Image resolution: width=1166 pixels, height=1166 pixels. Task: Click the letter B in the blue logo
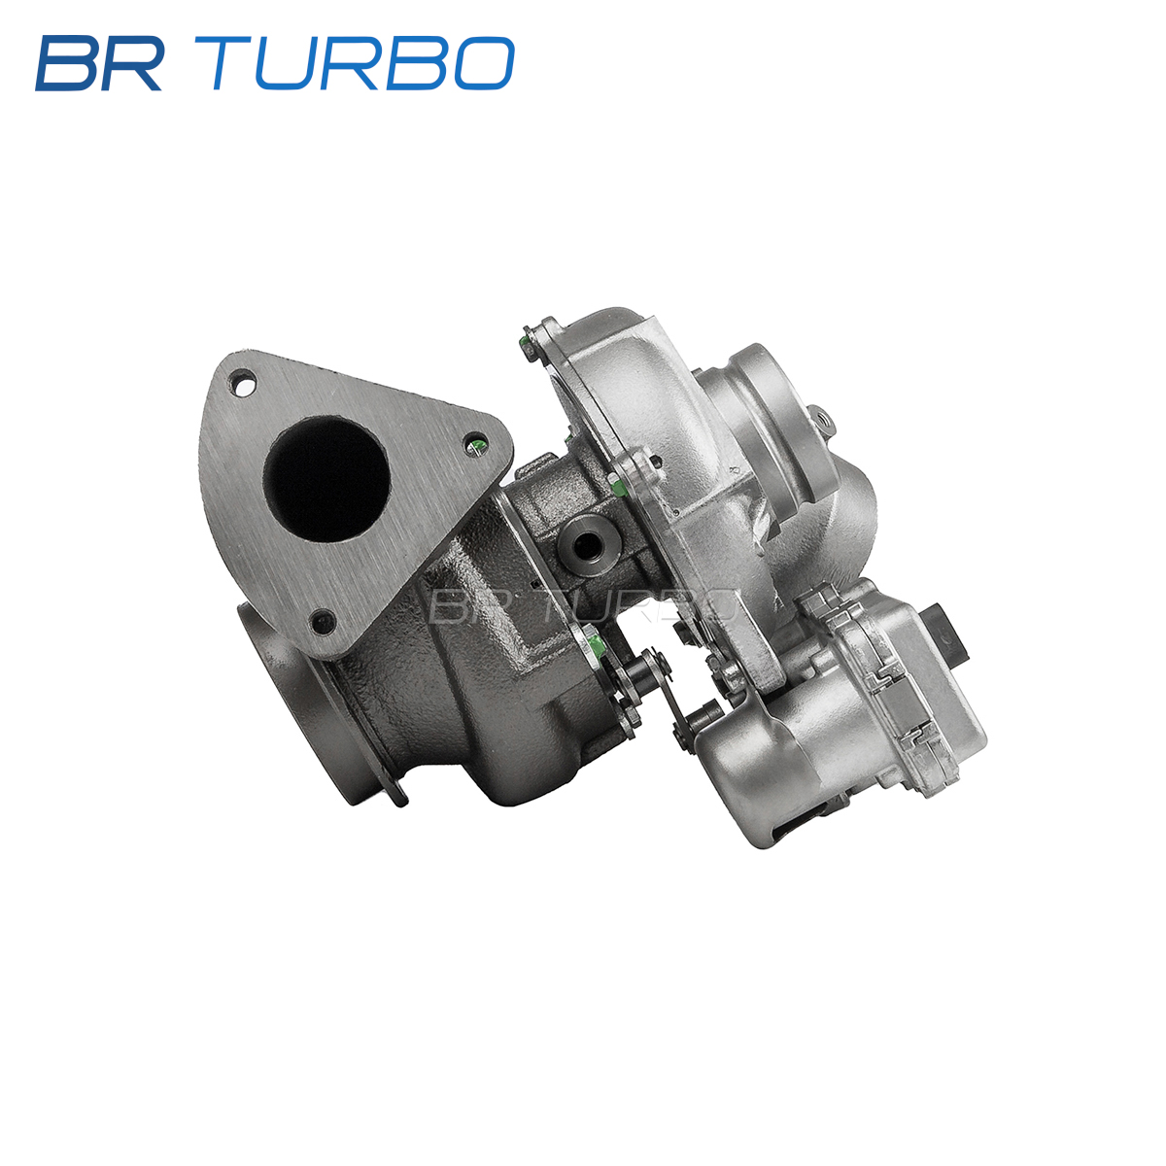[x=66, y=63]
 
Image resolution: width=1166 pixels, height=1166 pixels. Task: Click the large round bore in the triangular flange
[x=326, y=479]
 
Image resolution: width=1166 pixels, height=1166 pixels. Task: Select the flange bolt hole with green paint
[x=475, y=445]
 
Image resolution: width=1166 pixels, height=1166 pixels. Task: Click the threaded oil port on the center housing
[x=586, y=545]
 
